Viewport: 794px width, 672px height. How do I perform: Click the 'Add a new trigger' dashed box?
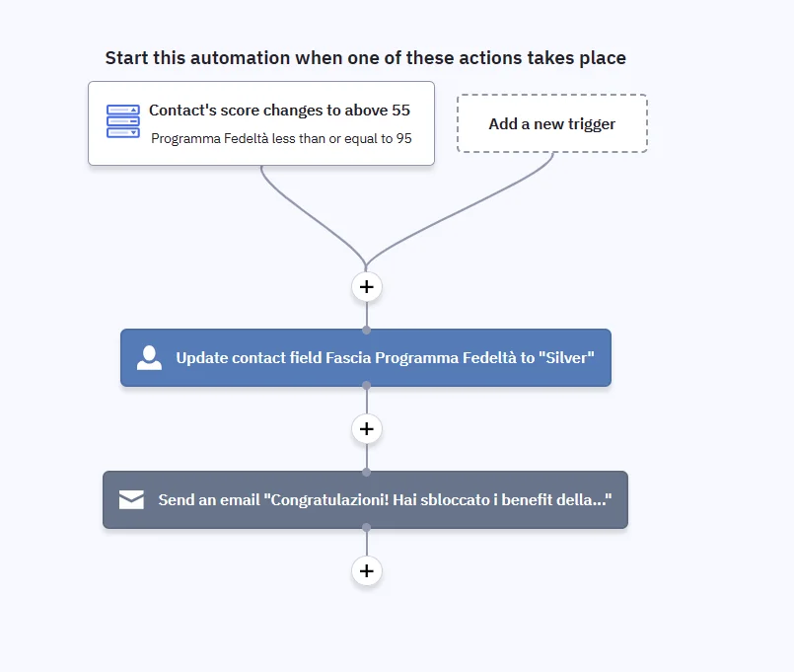tap(552, 123)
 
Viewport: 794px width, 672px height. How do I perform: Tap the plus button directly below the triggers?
tap(367, 287)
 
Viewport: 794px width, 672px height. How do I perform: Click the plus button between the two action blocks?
tap(367, 428)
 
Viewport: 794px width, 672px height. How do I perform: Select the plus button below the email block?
tap(367, 570)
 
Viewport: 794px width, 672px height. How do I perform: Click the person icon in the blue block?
tap(149, 358)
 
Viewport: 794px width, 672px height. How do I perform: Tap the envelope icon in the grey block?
tap(131, 499)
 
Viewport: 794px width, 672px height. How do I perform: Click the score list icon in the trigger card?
tap(123, 121)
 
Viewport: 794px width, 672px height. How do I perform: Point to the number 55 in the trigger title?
tap(400, 110)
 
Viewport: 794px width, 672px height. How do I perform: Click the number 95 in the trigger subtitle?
tap(403, 138)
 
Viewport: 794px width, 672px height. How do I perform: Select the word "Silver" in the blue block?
tap(566, 358)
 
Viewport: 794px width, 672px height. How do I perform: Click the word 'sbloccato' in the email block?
tap(455, 499)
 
